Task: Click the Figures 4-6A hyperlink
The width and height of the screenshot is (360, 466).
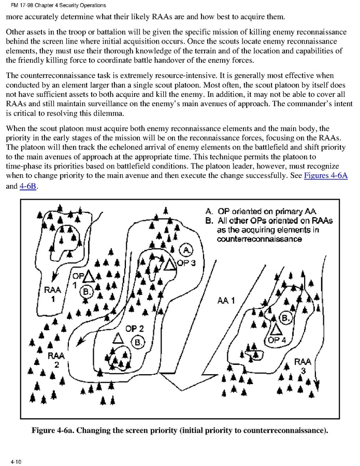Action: [326, 176]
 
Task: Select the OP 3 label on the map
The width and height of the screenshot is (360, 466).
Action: [186, 263]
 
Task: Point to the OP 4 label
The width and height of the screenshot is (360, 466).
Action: [277, 340]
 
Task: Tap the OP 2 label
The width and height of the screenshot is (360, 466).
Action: [135, 329]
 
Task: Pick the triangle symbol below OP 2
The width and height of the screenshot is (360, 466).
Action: [118, 338]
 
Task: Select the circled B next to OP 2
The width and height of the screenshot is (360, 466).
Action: [138, 342]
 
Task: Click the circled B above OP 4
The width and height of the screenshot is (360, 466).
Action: [285, 316]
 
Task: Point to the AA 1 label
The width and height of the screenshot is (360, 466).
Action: [226, 300]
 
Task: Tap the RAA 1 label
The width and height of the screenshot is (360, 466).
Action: [53, 294]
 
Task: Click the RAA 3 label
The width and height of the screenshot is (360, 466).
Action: [303, 366]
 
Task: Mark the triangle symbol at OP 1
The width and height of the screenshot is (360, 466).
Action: [89, 277]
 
